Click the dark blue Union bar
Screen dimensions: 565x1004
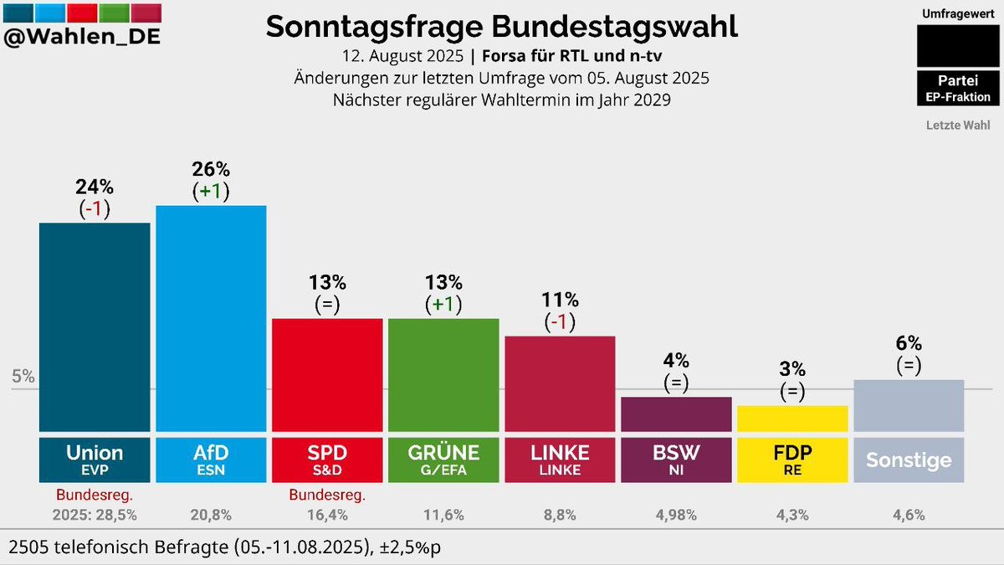95,326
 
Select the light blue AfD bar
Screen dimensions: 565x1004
211,318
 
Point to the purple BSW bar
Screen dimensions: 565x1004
676,413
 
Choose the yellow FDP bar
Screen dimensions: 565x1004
792,418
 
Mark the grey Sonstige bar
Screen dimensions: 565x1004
909,405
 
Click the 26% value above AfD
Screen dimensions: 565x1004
211,168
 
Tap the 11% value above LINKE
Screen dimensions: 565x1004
560,299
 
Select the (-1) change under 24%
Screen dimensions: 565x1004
95,208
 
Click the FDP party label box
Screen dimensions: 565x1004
792,458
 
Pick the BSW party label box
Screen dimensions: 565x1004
676,458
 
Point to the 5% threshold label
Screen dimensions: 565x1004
23,377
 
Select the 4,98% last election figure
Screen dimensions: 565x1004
676,516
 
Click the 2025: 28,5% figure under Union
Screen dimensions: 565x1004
95,516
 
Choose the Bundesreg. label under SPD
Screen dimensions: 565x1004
327,496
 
